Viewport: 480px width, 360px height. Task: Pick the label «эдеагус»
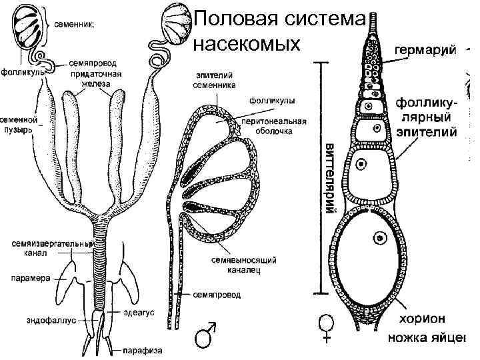pyautogui.click(x=137, y=310)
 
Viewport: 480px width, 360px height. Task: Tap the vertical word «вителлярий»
pyautogui.click(x=329, y=176)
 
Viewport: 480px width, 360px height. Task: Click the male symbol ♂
pyautogui.click(x=205, y=335)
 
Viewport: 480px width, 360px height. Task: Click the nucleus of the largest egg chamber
pyautogui.click(x=381, y=238)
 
